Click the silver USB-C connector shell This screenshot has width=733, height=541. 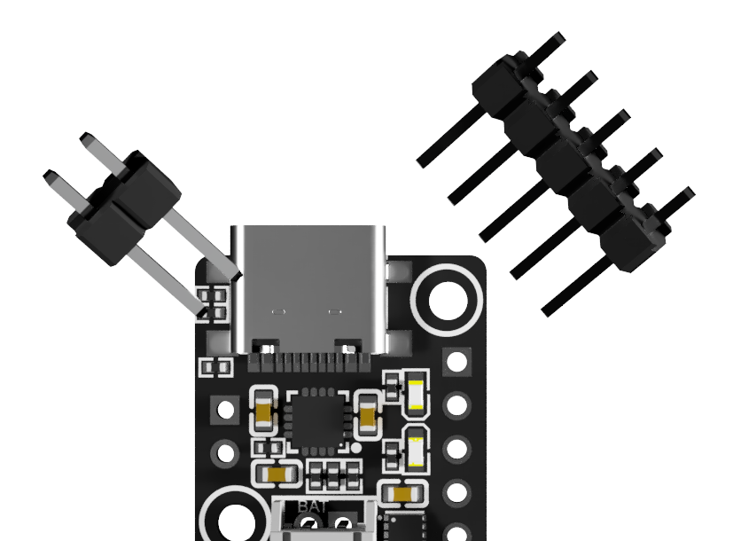pyautogui.click(x=309, y=290)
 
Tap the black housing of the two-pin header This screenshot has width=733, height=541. pyautogui.click(x=124, y=208)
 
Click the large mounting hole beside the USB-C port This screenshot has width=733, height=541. pyautogui.click(x=448, y=301)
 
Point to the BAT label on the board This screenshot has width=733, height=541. pyautogui.click(x=312, y=506)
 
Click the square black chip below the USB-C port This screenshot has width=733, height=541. pyautogui.click(x=317, y=419)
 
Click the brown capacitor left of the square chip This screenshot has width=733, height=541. pyautogui.click(x=263, y=412)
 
